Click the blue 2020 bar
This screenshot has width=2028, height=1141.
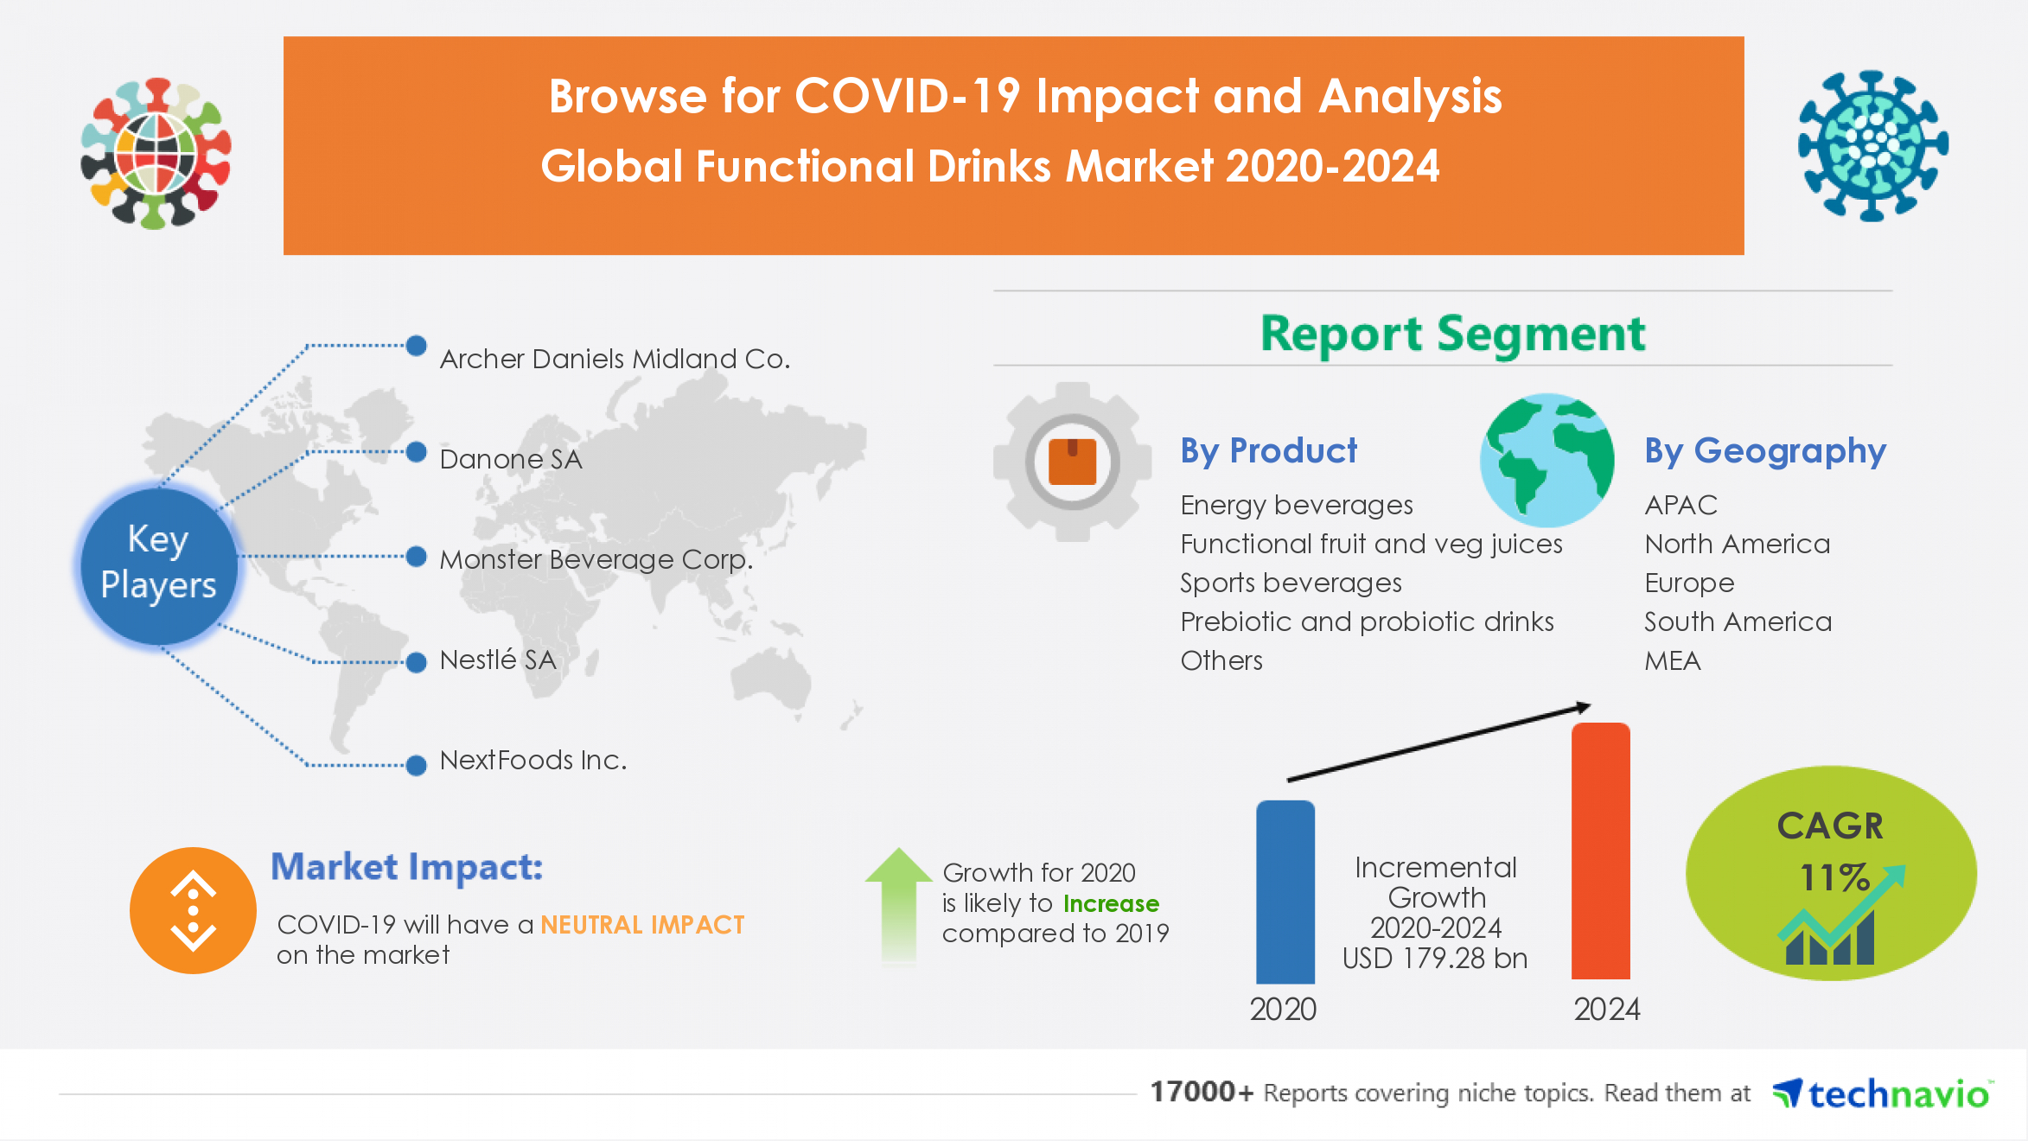[1285, 891]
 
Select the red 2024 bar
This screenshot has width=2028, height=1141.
[1600, 851]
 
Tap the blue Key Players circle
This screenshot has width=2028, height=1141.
[159, 564]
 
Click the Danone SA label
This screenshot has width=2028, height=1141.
[511, 459]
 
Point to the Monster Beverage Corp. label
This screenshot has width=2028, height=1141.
[596, 559]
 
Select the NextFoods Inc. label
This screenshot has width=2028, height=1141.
[533, 760]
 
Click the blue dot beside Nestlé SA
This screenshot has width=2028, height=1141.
[417, 663]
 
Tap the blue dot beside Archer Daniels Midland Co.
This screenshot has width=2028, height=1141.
[417, 346]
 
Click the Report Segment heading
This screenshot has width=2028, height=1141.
[1452, 334]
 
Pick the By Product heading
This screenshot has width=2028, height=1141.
[1268, 450]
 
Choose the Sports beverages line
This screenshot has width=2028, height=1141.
[1291, 583]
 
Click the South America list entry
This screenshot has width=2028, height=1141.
[1738, 621]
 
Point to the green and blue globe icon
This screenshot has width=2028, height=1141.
[1547, 460]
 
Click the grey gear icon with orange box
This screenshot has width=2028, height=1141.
[1072, 462]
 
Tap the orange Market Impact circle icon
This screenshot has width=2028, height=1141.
[193, 910]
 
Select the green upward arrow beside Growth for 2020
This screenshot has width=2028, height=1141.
[899, 903]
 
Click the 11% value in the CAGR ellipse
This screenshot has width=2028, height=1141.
[1833, 877]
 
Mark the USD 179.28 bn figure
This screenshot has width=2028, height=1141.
[1435, 958]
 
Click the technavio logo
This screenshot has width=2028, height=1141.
[1882, 1093]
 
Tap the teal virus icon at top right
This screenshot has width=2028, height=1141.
[1872, 145]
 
